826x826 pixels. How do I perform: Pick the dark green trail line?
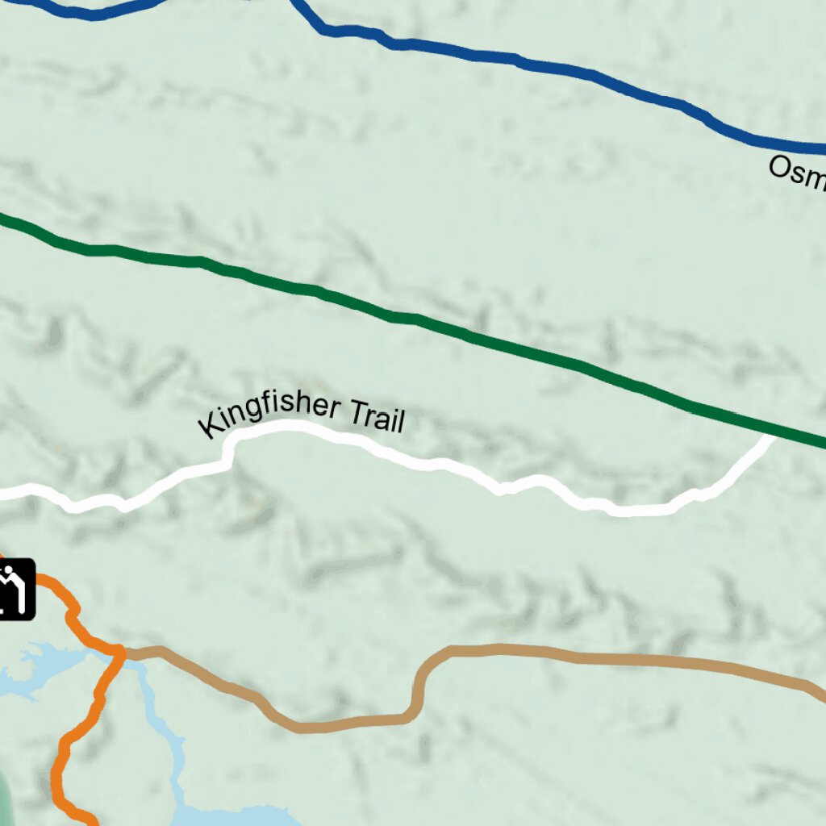click(x=403, y=317)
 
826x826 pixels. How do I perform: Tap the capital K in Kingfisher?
click(x=208, y=428)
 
